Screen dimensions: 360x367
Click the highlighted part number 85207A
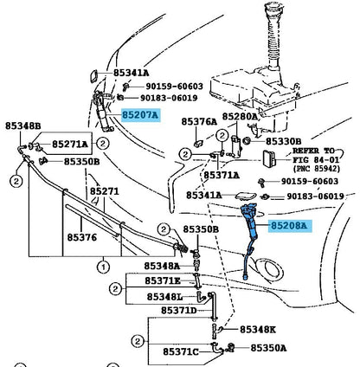[x=140, y=115]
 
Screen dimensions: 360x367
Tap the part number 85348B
[x=23, y=126]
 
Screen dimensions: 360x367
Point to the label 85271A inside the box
[x=70, y=144]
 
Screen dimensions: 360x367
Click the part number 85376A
[x=199, y=122]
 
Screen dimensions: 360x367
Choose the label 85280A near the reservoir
[x=240, y=117]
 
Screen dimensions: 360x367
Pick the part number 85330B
[x=283, y=141]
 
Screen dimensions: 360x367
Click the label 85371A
[x=222, y=175]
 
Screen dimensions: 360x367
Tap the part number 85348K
[x=258, y=330]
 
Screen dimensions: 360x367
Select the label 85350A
[x=268, y=348]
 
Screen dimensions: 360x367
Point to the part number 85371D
[x=178, y=311]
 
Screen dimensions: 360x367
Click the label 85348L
[x=164, y=297]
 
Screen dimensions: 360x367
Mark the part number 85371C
[x=181, y=352]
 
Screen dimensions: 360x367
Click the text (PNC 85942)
[x=317, y=169]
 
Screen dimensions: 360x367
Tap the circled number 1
[x=103, y=267]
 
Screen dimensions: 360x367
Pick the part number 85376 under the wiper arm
[x=82, y=237]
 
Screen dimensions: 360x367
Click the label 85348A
[x=162, y=266]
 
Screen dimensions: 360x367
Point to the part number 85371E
[x=163, y=280]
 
